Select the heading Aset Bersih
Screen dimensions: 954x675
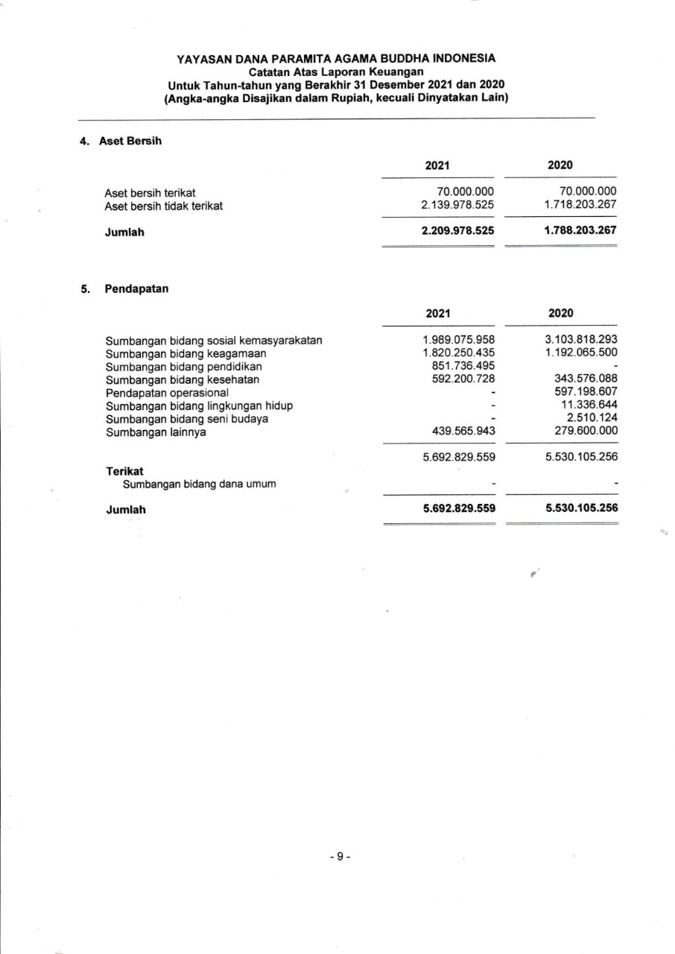pyautogui.click(x=130, y=142)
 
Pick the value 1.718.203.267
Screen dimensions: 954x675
pyautogui.click(x=580, y=205)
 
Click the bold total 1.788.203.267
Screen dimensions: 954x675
pyautogui.click(x=580, y=231)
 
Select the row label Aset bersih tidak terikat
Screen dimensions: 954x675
pyautogui.click(x=164, y=205)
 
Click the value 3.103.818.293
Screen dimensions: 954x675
pyautogui.click(x=581, y=341)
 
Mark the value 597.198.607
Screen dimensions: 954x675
pyautogui.click(x=586, y=392)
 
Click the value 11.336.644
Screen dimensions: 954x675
pyautogui.click(x=589, y=405)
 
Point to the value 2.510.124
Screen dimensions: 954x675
pyautogui.click(x=592, y=417)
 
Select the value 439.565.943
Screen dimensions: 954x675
pyautogui.click(x=463, y=431)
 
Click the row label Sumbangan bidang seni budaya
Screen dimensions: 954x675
pyautogui.click(x=187, y=418)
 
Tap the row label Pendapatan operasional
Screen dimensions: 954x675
pyautogui.click(x=167, y=392)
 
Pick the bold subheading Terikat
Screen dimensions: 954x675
pyautogui.click(x=124, y=471)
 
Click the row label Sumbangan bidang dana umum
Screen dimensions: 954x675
pyautogui.click(x=200, y=484)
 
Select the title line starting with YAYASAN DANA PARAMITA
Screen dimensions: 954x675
pyautogui.click(x=336, y=58)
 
